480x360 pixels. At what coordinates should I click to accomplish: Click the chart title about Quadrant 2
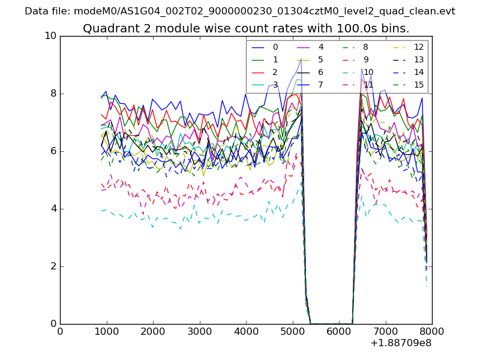[246, 28]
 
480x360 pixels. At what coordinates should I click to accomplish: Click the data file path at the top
[240, 11]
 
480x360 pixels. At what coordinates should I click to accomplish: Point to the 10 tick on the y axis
[50, 36]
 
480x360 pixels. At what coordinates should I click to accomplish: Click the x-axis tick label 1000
[106, 331]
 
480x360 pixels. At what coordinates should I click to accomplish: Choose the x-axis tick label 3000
[199, 331]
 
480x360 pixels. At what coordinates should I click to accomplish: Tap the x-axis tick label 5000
[292, 331]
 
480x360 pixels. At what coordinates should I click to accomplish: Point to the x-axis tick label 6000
[339, 331]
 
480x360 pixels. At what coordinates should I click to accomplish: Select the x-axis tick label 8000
[432, 331]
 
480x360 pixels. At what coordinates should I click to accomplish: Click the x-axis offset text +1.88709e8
[401, 343]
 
